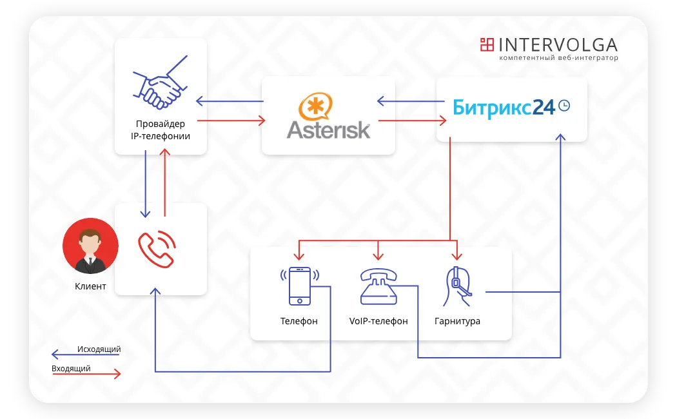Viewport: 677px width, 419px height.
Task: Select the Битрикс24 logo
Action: pyautogui.click(x=504, y=106)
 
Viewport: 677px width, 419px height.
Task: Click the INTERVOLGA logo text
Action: pyautogui.click(x=558, y=44)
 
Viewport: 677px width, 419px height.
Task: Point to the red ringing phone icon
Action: pyautogui.click(x=157, y=249)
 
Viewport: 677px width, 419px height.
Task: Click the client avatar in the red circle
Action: pyautogui.click(x=90, y=246)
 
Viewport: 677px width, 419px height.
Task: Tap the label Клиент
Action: pyautogui.click(x=90, y=286)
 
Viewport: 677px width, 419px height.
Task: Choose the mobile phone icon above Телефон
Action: pyautogui.click(x=299, y=286)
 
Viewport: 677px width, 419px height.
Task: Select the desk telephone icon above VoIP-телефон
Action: pyautogui.click(x=378, y=286)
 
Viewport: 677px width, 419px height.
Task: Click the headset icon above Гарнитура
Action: pyautogui.click(x=457, y=286)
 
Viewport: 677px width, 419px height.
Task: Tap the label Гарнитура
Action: pyautogui.click(x=457, y=321)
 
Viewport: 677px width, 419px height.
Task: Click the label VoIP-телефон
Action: pyautogui.click(x=378, y=321)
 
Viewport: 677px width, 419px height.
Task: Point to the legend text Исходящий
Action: pyautogui.click(x=99, y=349)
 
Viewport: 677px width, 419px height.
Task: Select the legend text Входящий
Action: pyautogui.click(x=71, y=369)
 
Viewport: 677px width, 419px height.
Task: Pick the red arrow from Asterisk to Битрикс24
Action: pyautogui.click(x=413, y=121)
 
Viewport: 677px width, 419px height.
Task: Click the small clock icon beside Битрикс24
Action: pyautogui.click(x=564, y=106)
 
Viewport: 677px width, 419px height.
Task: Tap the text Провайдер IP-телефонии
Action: pyautogui.click(x=161, y=130)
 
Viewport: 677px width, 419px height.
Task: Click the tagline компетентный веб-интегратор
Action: pyautogui.click(x=558, y=58)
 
